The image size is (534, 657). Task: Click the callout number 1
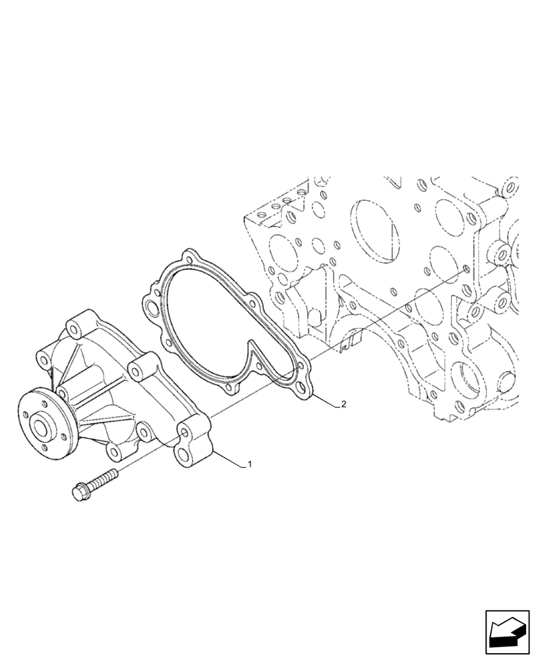coord(249,465)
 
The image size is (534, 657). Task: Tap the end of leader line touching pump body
coord(212,452)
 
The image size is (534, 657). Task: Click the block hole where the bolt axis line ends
coord(466,269)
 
